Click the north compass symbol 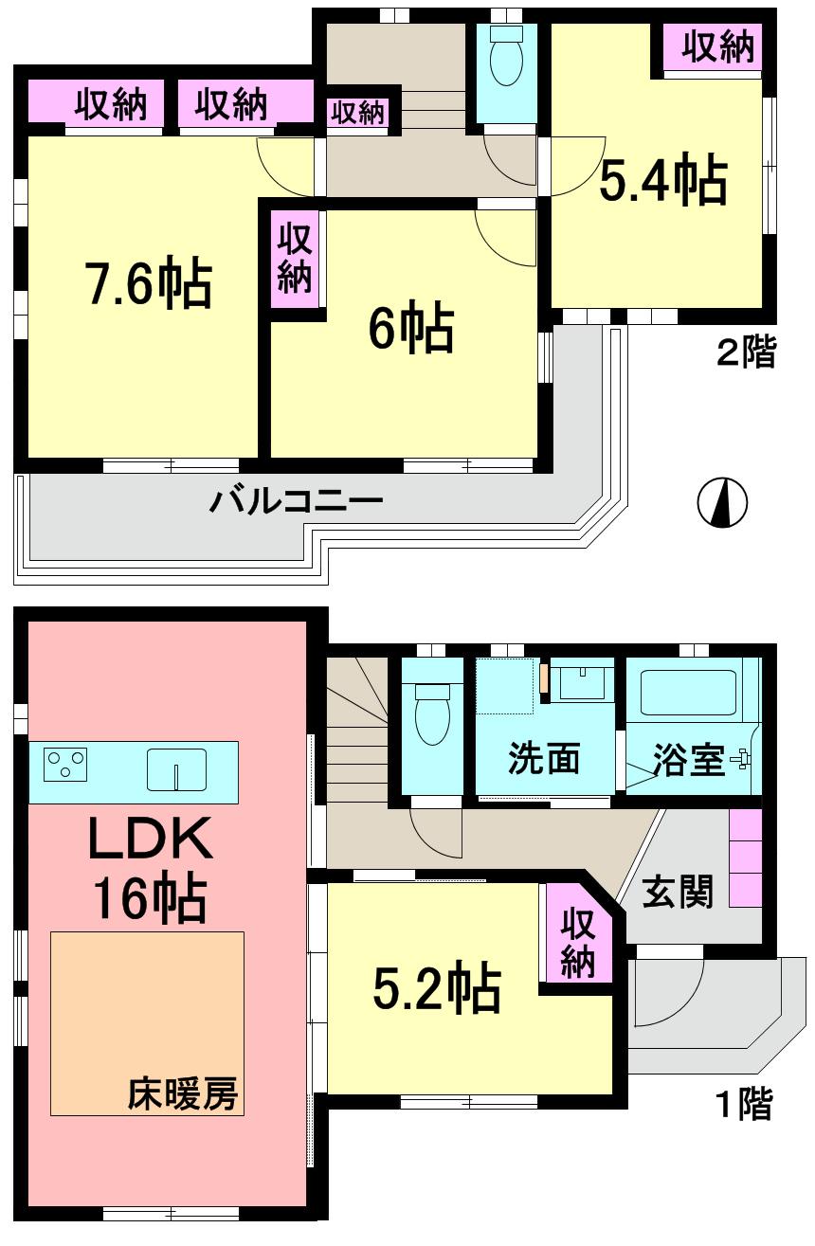(x=722, y=501)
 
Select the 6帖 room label (x=410, y=328)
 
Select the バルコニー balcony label (x=296, y=499)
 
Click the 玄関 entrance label (x=678, y=892)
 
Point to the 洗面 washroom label (x=543, y=759)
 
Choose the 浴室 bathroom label (x=689, y=759)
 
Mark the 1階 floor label (x=743, y=1104)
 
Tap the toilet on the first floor (x=431, y=716)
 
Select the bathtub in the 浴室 (x=688, y=693)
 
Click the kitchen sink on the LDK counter (x=176, y=768)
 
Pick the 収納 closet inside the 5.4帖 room (x=719, y=47)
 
